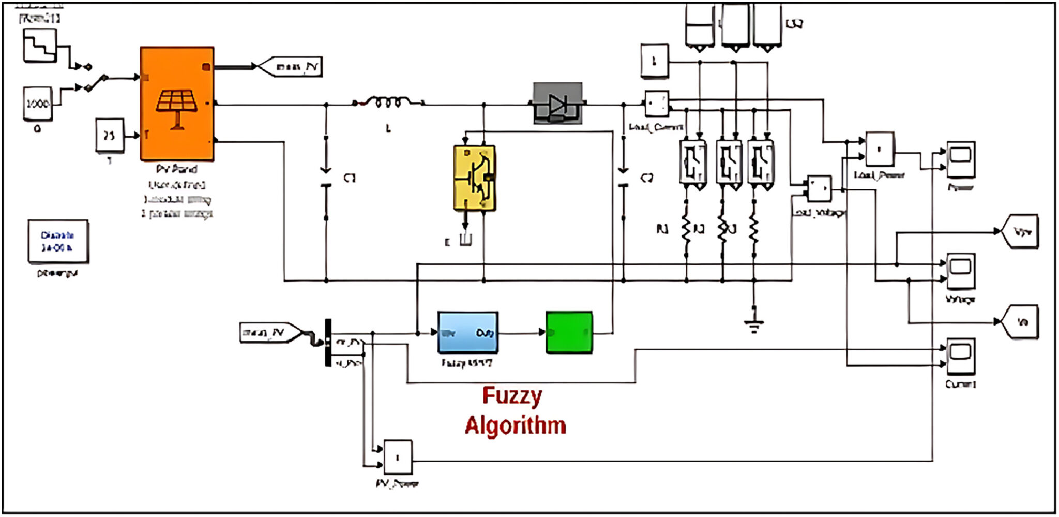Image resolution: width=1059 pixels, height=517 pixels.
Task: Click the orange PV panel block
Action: (177, 104)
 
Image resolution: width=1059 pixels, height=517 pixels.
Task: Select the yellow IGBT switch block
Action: (474, 178)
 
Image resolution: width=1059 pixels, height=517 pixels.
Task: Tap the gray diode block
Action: (557, 104)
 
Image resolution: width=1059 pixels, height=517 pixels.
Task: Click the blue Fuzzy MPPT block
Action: (468, 333)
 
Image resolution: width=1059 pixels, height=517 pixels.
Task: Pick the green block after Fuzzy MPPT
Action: (569, 333)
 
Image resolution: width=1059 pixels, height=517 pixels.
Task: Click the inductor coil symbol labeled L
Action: (388, 102)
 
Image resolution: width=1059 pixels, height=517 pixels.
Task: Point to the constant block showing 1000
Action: (38, 104)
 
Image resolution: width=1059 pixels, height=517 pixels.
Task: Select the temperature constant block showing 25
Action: (110, 136)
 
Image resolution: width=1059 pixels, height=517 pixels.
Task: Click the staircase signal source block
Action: (40, 46)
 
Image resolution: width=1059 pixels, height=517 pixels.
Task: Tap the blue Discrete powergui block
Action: (58, 241)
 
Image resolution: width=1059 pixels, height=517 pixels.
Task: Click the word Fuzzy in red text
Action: (512, 396)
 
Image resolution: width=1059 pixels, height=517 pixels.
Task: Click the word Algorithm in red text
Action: (515, 425)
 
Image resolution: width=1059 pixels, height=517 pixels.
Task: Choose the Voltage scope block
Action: (960, 271)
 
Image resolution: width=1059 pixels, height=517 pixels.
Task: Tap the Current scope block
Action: (960, 356)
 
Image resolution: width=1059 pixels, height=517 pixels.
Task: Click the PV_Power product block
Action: (398, 457)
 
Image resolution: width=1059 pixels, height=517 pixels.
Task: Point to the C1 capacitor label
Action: (350, 178)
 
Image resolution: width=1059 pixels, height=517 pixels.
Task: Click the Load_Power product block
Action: (880, 149)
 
